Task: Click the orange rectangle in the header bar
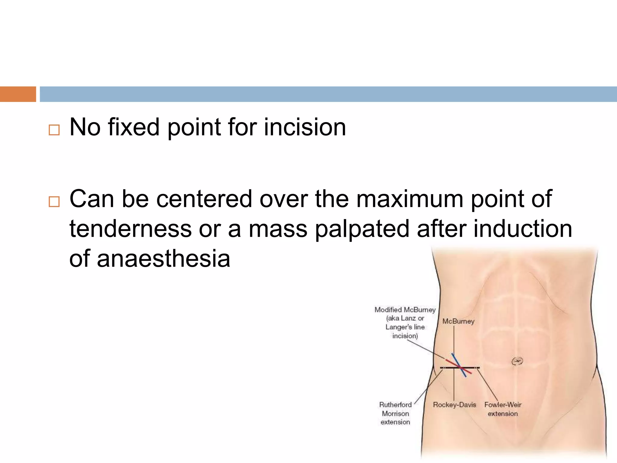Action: [18, 94]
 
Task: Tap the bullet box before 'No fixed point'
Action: [54, 130]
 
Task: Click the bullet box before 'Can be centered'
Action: [54, 202]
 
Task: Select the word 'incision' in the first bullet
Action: [305, 127]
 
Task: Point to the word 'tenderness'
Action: [130, 229]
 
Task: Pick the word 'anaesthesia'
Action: [164, 259]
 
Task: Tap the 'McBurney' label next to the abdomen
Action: [458, 321]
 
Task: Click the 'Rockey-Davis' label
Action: [454, 405]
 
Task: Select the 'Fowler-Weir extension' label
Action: [503, 409]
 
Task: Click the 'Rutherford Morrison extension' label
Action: [395, 413]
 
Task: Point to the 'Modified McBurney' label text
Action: [405, 310]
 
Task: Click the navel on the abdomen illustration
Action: [517, 361]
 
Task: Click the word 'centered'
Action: [204, 199]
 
